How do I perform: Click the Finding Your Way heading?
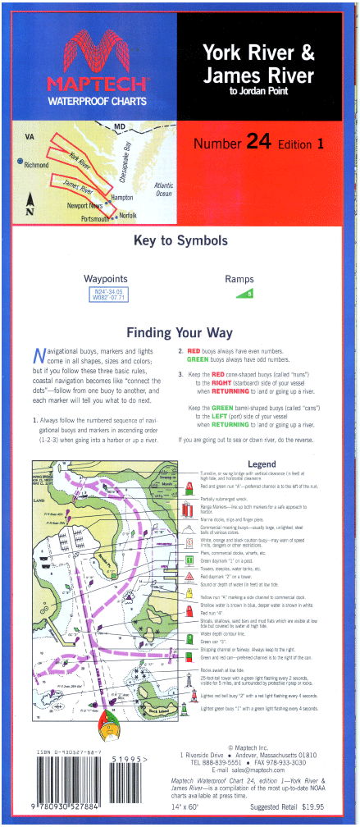(179, 333)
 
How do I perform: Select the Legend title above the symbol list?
(262, 464)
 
